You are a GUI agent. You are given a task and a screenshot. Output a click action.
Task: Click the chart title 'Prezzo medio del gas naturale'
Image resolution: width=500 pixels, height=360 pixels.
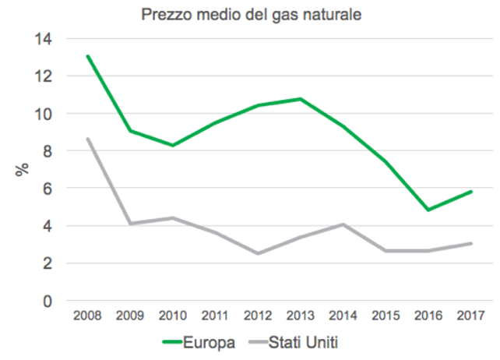pyautogui.click(x=251, y=15)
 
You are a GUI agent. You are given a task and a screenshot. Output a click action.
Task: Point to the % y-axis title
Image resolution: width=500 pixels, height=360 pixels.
pyautogui.click(x=23, y=169)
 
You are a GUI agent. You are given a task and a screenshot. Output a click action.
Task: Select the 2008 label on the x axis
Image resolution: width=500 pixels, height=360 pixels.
pyautogui.click(x=87, y=316)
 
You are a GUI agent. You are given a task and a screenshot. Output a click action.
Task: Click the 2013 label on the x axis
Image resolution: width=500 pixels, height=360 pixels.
pyautogui.click(x=300, y=316)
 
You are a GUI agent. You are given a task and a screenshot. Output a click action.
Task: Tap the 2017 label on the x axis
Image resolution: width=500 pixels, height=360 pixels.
pyautogui.click(x=470, y=316)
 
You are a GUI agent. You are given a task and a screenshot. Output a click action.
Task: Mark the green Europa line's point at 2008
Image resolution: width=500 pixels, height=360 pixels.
pyautogui.click(x=87, y=56)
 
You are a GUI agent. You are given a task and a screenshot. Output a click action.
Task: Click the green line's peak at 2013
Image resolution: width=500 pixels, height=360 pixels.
pyautogui.click(x=300, y=99)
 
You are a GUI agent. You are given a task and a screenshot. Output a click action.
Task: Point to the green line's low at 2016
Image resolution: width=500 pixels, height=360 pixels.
pyautogui.click(x=428, y=210)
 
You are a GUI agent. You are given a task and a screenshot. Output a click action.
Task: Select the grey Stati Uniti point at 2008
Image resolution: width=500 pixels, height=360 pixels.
pyautogui.click(x=87, y=139)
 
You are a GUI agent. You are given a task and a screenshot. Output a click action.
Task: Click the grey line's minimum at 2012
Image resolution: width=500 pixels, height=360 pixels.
pyautogui.click(x=258, y=253)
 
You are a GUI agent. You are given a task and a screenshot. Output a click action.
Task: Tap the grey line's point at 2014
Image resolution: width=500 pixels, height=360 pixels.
pyautogui.click(x=343, y=224)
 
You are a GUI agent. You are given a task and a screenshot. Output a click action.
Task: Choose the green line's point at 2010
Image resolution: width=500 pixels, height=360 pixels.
pyautogui.click(x=172, y=146)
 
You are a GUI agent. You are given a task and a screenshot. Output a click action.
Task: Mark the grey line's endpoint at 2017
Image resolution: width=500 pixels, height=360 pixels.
pyautogui.click(x=470, y=243)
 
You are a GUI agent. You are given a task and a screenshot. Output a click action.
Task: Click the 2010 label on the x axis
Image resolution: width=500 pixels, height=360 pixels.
pyautogui.click(x=172, y=316)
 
